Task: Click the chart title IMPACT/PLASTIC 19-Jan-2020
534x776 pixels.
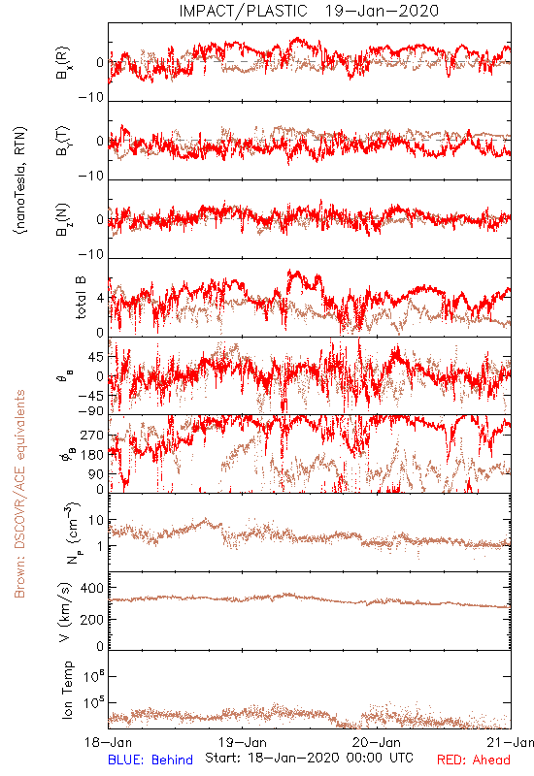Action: click(309, 11)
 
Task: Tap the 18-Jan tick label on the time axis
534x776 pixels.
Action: click(108, 742)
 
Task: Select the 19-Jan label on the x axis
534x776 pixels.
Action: click(243, 742)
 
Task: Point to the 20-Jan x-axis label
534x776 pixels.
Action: click(377, 742)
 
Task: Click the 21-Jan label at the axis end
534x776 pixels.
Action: click(511, 742)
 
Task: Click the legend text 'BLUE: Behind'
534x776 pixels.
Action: click(150, 760)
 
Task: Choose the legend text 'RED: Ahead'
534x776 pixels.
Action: click(474, 760)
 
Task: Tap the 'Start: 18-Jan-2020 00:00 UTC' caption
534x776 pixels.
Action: click(309, 758)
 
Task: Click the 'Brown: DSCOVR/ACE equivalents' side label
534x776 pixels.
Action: click(19, 494)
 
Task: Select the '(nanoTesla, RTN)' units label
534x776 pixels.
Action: click(20, 180)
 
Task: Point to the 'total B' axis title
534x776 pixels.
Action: click(81, 298)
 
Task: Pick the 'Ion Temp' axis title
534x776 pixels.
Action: click(67, 690)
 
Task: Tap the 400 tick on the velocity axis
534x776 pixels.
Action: click(92, 588)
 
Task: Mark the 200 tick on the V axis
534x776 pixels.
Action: click(92, 619)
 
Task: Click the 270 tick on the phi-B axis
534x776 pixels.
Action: click(92, 436)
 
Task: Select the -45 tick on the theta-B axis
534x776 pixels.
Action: click(91, 396)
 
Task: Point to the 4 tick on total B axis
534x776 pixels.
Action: click(101, 299)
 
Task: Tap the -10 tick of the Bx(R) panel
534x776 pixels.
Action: click(91, 98)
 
